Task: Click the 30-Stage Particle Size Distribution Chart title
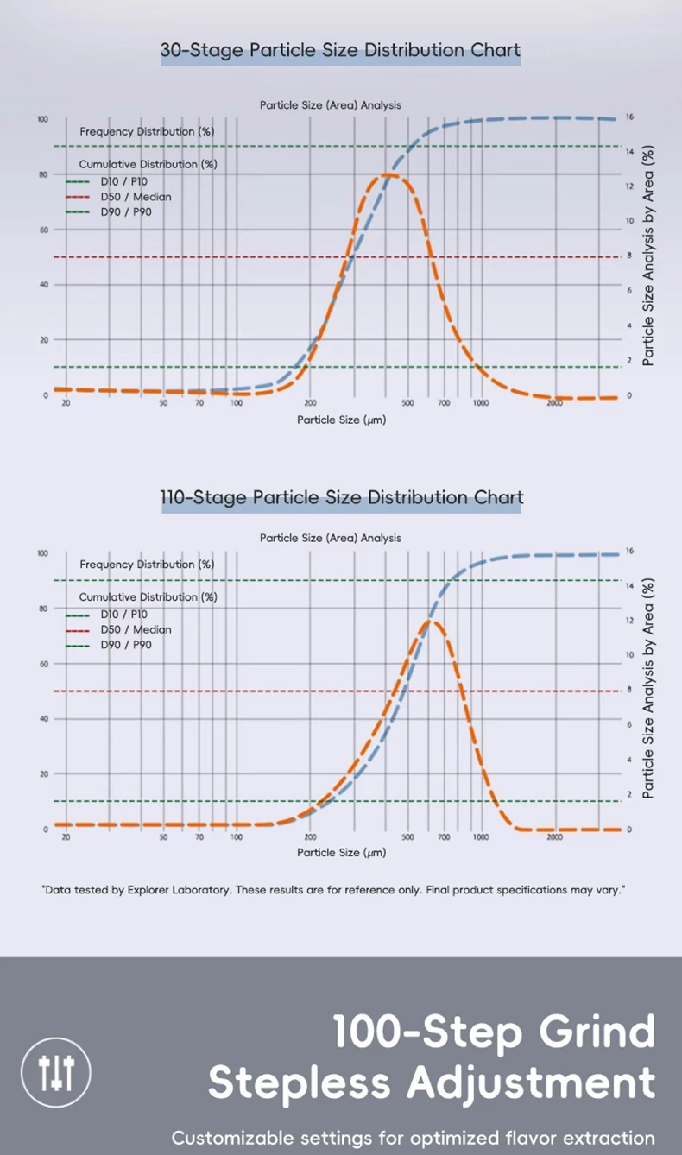pyautogui.click(x=340, y=50)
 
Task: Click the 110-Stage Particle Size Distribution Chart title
pyautogui.click(x=342, y=498)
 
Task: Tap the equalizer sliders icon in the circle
pyautogui.click(x=56, y=1072)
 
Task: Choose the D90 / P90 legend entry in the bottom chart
pyautogui.click(x=126, y=645)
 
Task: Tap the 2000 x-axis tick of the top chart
pyautogui.click(x=555, y=403)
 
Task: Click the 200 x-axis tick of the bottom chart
pyautogui.click(x=311, y=836)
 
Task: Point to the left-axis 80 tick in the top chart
pyautogui.click(x=43, y=174)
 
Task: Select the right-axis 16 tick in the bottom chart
pyautogui.click(x=629, y=551)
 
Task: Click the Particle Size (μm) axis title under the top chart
pyautogui.click(x=341, y=420)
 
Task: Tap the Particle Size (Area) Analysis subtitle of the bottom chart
pyautogui.click(x=331, y=538)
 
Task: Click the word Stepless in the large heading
pyautogui.click(x=300, y=1082)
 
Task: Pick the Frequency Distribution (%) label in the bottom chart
pyautogui.click(x=147, y=565)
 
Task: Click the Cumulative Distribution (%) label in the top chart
pyautogui.click(x=148, y=164)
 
